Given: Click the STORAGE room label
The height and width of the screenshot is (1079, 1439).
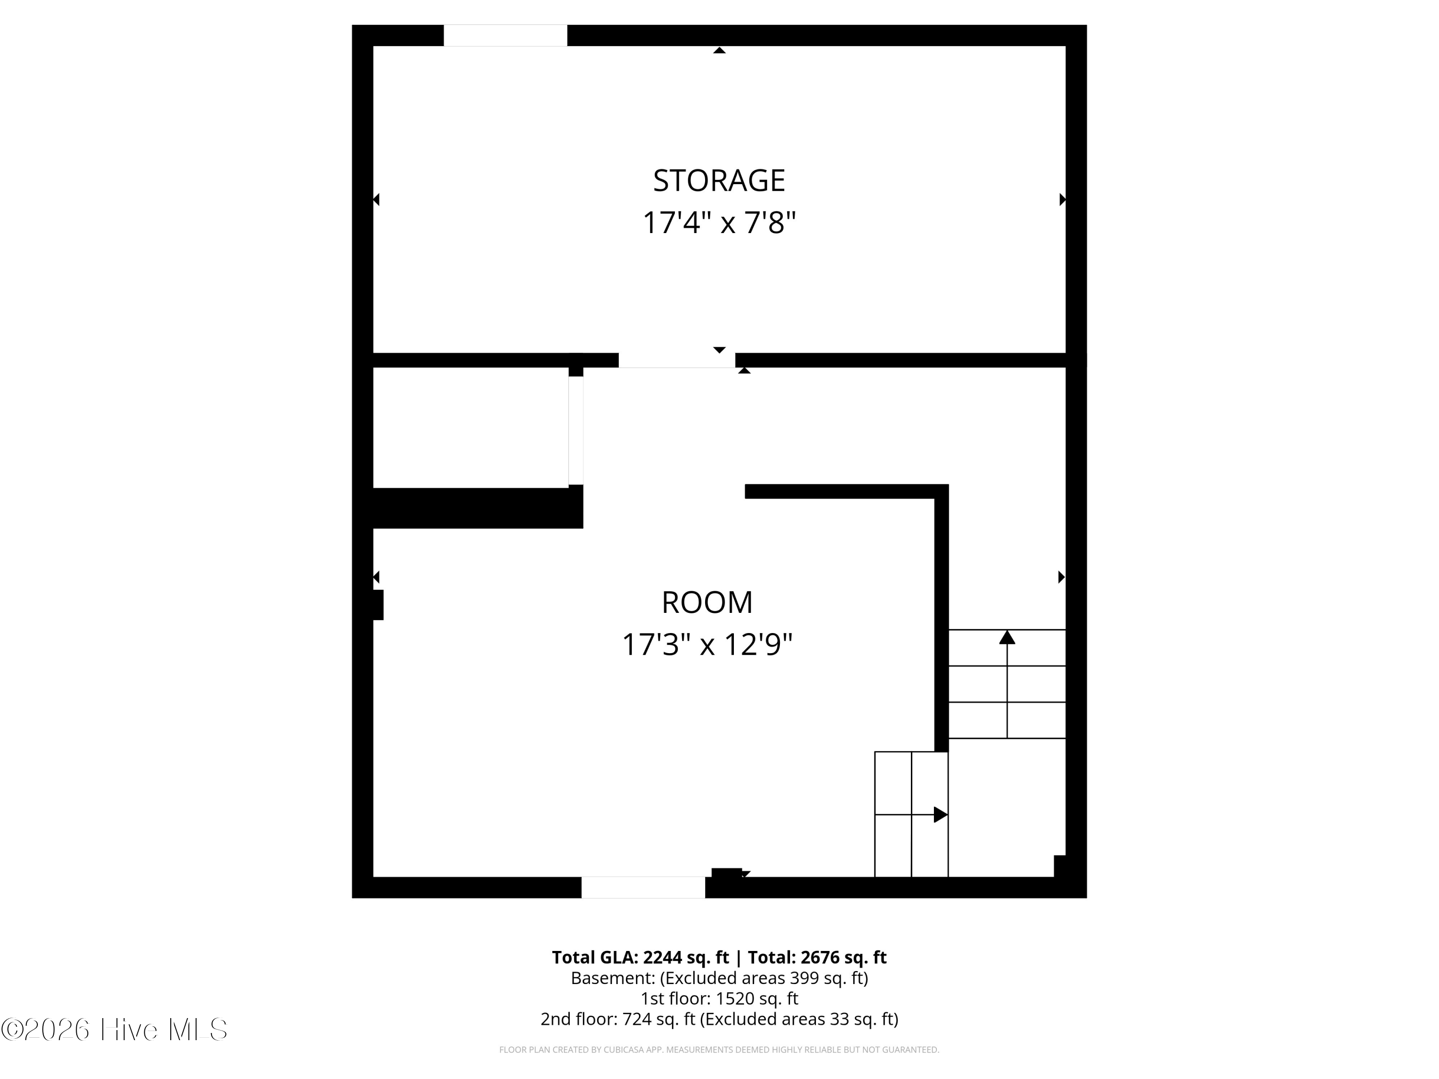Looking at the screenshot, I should click(x=719, y=181).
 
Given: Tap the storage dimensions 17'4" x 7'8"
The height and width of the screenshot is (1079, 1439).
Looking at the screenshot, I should click(x=719, y=223).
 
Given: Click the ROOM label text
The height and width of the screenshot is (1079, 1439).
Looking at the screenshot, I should click(x=707, y=602).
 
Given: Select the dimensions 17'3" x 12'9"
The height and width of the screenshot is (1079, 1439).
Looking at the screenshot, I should click(x=707, y=645).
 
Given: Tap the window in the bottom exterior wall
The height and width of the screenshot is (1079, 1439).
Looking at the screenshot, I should click(x=643, y=887).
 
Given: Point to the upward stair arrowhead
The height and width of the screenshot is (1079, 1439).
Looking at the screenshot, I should click(x=1007, y=637).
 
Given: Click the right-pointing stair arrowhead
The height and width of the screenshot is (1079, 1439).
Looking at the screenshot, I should click(x=940, y=814).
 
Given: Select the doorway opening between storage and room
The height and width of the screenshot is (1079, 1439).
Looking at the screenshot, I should click(x=676, y=360).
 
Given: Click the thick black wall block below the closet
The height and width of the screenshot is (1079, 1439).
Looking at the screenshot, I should click(x=477, y=508).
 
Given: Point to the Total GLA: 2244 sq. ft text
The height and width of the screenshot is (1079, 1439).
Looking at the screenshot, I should click(x=640, y=957).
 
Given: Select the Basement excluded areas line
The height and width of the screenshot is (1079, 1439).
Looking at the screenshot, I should click(x=719, y=978).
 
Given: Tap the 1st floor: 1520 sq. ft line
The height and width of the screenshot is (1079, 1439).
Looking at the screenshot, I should click(x=719, y=998).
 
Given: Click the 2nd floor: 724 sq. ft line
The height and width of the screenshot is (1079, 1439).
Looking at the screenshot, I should click(x=719, y=1019).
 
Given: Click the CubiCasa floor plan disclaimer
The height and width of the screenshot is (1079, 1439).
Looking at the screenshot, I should click(x=719, y=1050).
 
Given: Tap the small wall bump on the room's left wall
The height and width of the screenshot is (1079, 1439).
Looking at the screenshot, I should click(x=378, y=605).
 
